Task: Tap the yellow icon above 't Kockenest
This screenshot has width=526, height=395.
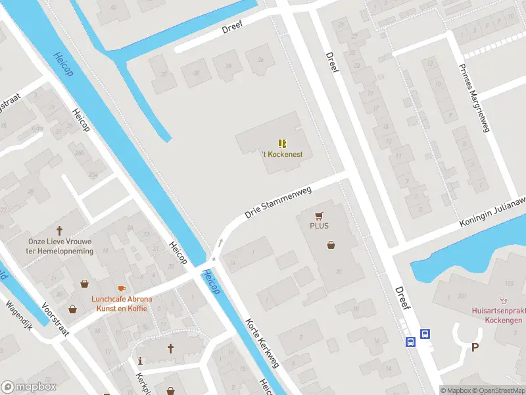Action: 282,144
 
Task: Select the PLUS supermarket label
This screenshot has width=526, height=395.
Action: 320,226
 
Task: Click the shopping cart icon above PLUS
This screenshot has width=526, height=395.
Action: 320,215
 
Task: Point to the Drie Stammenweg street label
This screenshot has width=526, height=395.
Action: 277,201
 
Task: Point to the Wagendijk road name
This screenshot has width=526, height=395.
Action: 19,315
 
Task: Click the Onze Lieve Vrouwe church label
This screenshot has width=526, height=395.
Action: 60,246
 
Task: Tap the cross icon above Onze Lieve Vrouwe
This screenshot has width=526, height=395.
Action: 60,231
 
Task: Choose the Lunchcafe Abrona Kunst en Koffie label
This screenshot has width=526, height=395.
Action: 122,303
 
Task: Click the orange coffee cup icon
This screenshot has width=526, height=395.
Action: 121,288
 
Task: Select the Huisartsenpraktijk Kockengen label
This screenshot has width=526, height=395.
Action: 496,315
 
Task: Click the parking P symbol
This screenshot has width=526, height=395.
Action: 475,347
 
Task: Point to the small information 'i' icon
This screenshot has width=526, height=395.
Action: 141,360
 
